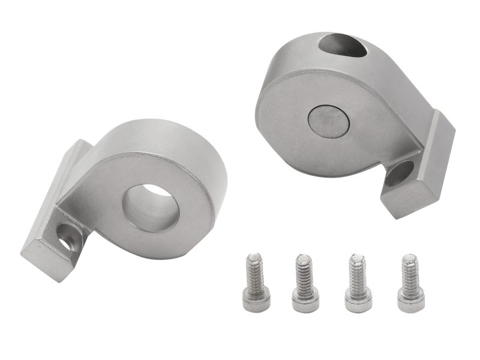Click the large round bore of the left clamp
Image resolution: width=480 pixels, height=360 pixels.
[x=150, y=208]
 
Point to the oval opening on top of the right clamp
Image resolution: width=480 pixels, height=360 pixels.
[x=343, y=46]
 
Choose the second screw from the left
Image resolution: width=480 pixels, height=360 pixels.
[x=305, y=282]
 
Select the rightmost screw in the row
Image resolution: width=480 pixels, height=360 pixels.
[x=410, y=282]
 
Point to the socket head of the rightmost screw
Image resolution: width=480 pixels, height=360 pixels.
[x=411, y=300]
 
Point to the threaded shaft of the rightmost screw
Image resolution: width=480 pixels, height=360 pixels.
[x=410, y=273]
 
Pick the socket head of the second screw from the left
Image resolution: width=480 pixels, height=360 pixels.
[x=306, y=300]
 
